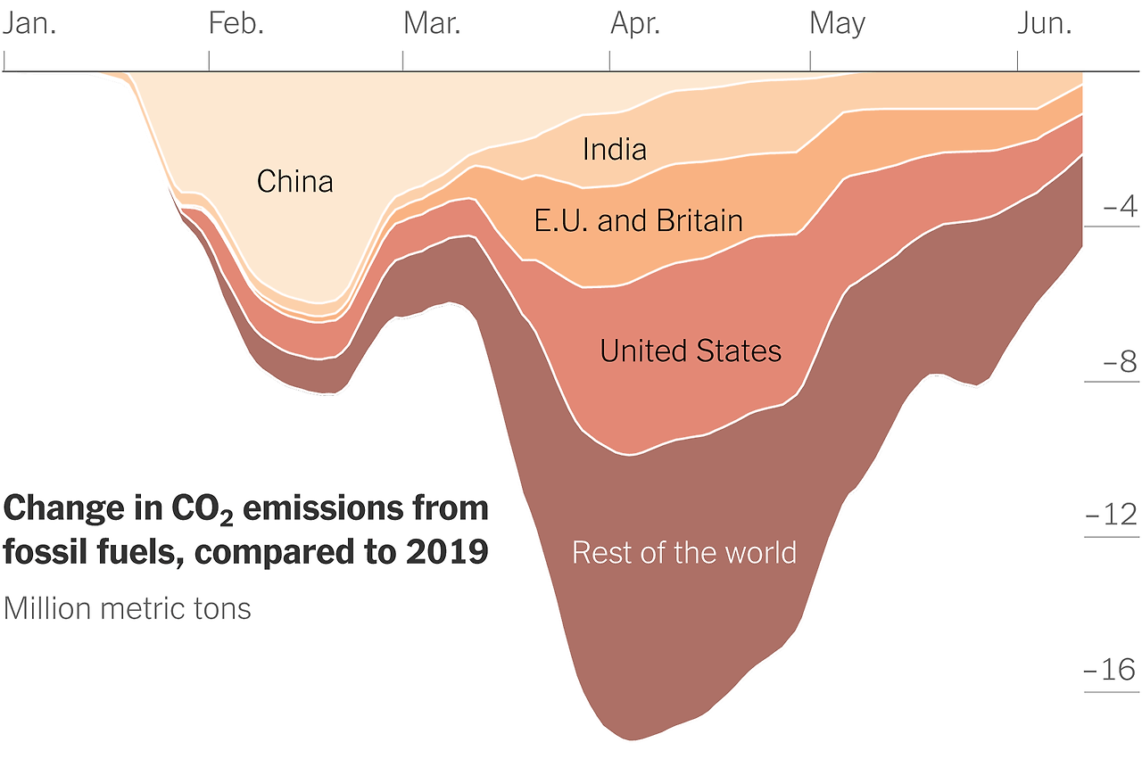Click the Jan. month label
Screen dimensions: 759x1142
click(29, 23)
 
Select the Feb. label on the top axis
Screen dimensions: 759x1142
click(236, 23)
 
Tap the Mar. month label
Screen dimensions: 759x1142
click(432, 23)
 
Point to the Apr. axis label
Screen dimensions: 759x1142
click(635, 23)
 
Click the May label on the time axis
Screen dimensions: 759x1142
click(837, 23)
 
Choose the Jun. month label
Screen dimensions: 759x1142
click(1045, 23)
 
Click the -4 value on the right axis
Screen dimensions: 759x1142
click(1120, 207)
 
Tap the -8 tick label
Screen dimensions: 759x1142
click(1120, 362)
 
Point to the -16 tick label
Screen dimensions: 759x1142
click(1112, 670)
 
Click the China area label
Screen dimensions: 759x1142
click(294, 181)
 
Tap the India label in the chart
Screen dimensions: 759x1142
click(614, 149)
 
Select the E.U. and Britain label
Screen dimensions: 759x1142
click(638, 220)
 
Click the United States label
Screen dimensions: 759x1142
click(691, 351)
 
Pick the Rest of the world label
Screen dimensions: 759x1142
click(683, 552)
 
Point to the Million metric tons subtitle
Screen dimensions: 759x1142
click(127, 608)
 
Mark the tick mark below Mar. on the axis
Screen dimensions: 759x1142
click(402, 61)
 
